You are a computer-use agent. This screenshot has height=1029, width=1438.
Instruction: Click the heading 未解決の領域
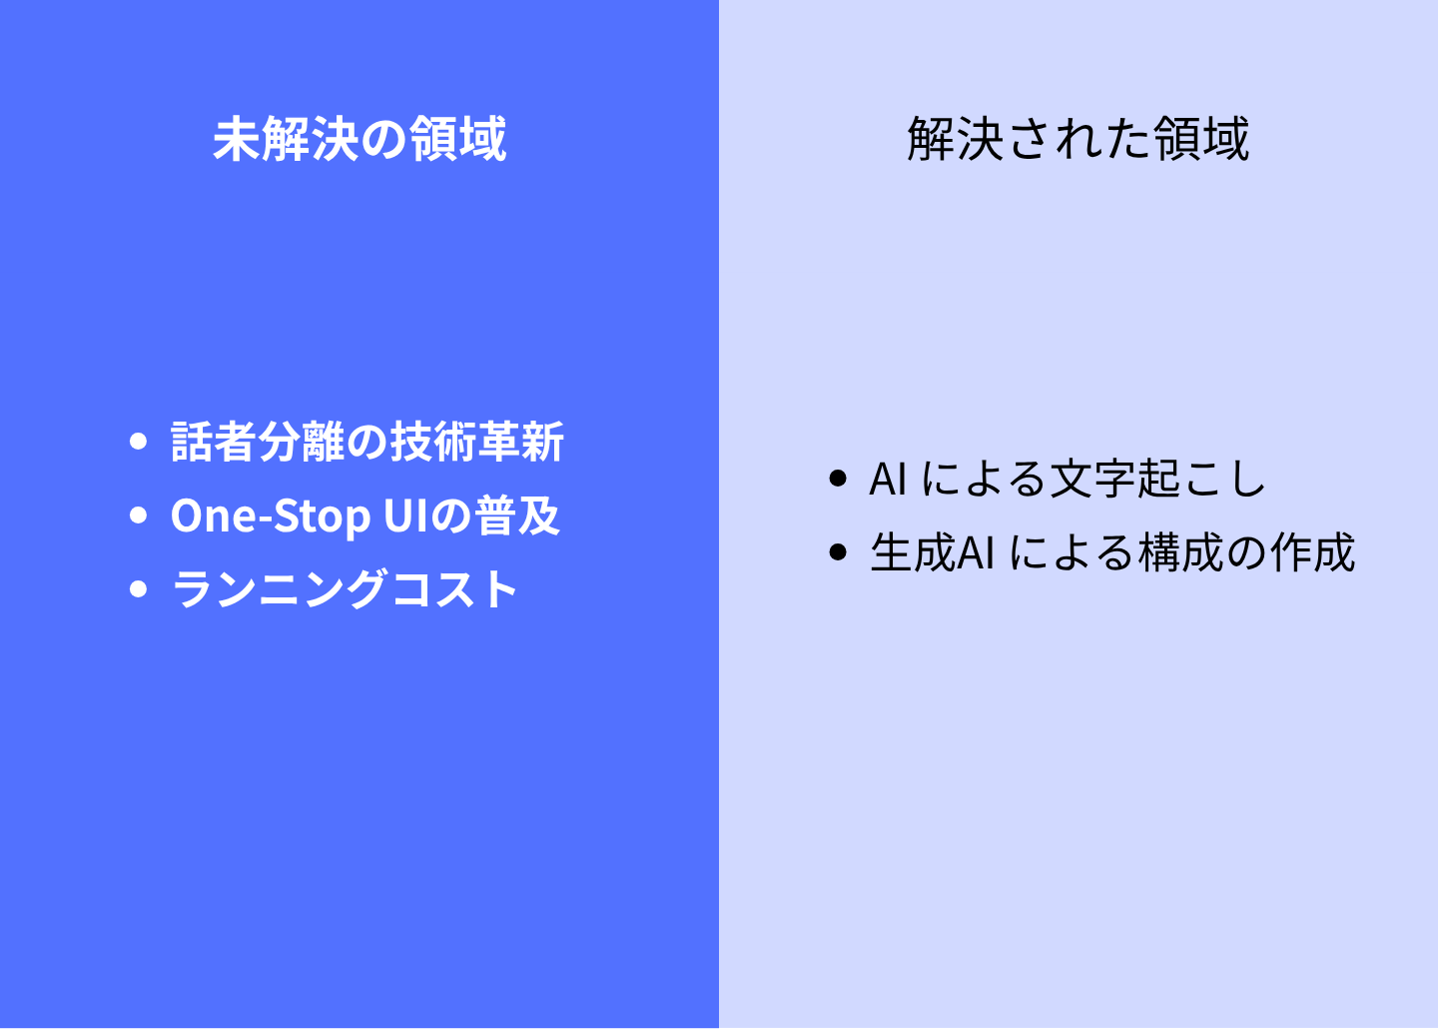(x=359, y=139)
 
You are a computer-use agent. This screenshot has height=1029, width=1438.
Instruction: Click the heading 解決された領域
(x=1078, y=139)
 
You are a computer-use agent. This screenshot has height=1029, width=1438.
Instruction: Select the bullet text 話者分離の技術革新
(x=367, y=442)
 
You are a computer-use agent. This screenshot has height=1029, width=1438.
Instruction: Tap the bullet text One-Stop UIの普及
(x=365, y=515)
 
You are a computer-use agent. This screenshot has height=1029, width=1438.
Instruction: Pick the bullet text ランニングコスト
(x=345, y=589)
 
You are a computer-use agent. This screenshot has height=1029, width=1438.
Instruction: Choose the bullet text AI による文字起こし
(x=1067, y=480)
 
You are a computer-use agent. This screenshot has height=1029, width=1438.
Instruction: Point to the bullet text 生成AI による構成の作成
(x=1111, y=552)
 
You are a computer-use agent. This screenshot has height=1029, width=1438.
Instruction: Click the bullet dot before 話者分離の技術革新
(x=138, y=442)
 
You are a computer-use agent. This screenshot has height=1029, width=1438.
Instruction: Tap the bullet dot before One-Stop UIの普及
(x=138, y=515)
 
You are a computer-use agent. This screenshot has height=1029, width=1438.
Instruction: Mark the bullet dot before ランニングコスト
(x=138, y=589)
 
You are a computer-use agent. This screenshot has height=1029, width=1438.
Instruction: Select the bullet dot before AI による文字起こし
(x=838, y=479)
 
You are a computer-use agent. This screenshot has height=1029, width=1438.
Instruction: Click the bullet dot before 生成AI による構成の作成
(x=838, y=551)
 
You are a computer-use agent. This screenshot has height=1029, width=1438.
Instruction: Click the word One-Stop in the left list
(x=271, y=515)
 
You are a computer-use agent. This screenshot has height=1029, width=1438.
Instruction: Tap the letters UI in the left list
(x=405, y=515)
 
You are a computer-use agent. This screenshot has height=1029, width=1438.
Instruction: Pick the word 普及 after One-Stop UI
(x=517, y=515)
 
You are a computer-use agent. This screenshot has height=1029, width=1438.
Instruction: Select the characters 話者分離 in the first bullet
(x=258, y=442)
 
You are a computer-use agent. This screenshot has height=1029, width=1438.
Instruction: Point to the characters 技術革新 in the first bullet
(x=477, y=442)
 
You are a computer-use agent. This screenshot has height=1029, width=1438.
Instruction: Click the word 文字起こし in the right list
(x=1156, y=480)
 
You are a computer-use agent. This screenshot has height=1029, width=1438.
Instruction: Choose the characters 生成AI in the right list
(x=933, y=552)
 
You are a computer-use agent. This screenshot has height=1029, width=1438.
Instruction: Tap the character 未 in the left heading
(x=237, y=139)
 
